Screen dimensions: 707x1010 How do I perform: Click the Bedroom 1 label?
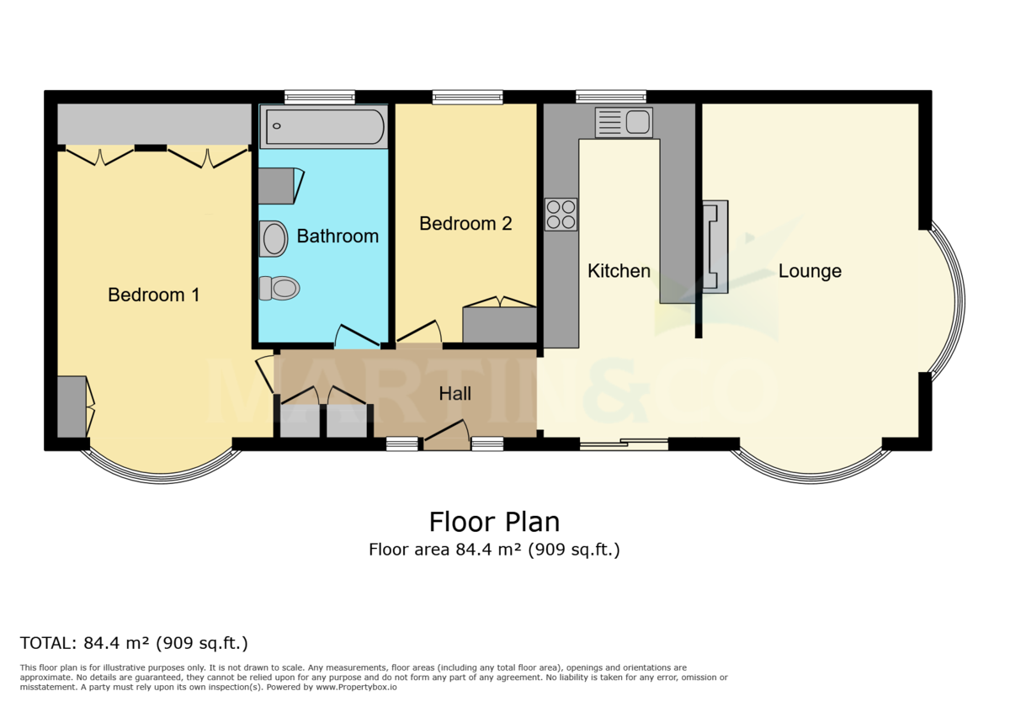[153, 295]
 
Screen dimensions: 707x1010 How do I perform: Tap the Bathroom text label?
[338, 236]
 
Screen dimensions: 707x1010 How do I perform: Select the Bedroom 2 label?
[465, 223]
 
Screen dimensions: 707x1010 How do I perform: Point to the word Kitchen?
[619, 270]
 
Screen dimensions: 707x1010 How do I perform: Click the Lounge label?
[810, 270]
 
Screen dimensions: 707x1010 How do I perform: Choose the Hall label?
[455, 393]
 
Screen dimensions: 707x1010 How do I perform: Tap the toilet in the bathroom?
[279, 289]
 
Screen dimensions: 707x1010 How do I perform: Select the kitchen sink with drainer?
[624, 122]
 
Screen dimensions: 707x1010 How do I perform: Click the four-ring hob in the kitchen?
[561, 214]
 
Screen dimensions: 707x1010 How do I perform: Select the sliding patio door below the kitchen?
[624, 443]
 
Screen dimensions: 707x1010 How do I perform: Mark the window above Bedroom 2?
[468, 98]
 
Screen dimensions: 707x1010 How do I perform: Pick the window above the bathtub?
[320, 98]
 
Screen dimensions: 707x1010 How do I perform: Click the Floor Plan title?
[494, 522]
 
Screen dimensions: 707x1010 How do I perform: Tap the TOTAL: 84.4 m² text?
[134, 644]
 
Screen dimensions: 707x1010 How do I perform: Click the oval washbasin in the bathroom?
[274, 238]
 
